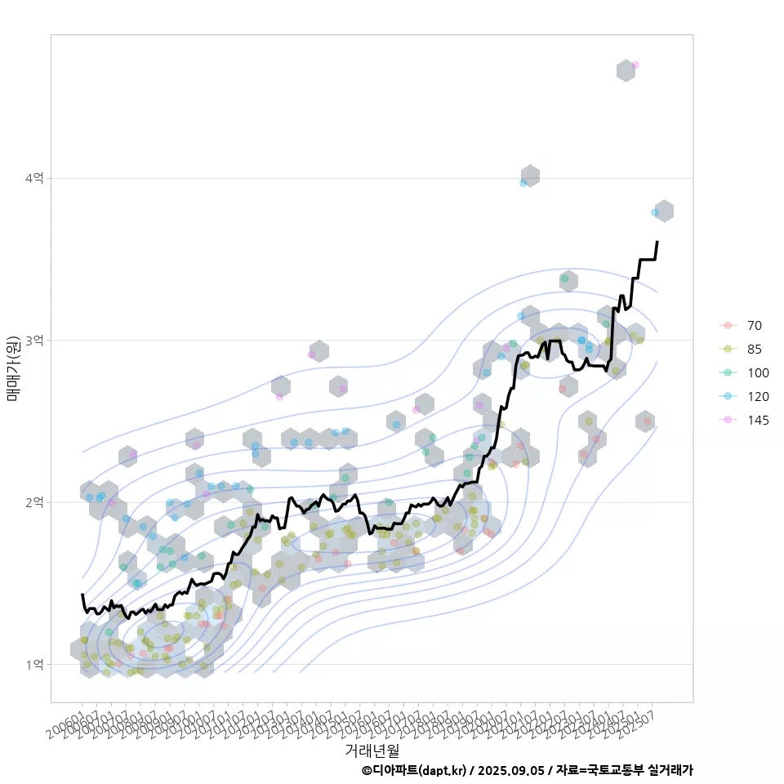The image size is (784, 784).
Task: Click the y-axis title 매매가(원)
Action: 13,367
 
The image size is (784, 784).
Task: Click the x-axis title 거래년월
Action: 372,749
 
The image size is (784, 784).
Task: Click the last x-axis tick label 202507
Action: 640,720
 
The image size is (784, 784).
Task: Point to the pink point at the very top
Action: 635,65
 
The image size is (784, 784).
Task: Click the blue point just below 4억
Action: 523,183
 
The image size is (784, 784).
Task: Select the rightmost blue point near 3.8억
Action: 655,212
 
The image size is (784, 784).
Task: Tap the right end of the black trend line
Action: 657,242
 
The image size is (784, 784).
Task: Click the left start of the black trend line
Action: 82,595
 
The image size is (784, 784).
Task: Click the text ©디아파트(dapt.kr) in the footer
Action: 413,770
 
